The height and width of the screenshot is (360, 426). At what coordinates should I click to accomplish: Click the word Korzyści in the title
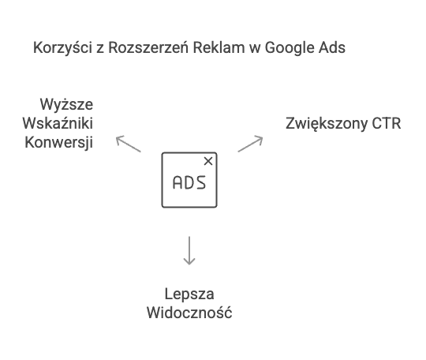click(62, 48)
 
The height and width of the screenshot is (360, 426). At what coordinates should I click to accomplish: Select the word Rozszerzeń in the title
click(148, 47)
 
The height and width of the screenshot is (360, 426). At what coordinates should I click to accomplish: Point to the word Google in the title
click(290, 48)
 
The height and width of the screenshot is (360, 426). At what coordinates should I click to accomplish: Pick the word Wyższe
click(66, 105)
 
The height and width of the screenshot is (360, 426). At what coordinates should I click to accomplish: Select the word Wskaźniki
click(58, 123)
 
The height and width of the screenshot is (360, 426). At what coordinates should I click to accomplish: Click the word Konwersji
click(59, 142)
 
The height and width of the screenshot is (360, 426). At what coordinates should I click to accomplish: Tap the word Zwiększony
click(327, 124)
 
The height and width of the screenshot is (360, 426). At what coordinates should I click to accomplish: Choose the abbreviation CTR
click(387, 123)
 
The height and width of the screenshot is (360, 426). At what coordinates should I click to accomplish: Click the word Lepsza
click(189, 294)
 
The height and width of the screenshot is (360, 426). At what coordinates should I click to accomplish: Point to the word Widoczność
click(189, 313)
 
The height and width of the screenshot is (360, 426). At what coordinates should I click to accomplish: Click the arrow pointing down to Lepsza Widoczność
click(189, 250)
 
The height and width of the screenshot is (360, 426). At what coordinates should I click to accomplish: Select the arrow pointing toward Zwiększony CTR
click(250, 144)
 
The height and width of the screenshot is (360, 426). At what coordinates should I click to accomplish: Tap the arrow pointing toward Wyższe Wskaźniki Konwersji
click(129, 144)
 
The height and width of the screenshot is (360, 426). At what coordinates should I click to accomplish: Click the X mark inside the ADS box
click(208, 161)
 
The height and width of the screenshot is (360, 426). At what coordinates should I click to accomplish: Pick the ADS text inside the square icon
click(189, 182)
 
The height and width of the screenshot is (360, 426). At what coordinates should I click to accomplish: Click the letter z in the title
click(100, 50)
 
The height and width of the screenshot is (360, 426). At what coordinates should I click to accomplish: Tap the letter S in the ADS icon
click(201, 182)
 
